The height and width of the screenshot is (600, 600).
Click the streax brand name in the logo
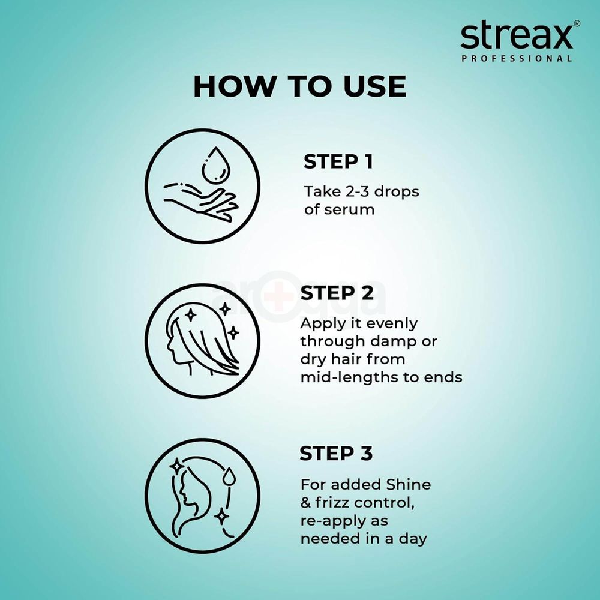516,37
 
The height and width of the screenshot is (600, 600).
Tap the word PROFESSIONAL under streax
517,59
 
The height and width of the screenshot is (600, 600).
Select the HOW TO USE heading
299,86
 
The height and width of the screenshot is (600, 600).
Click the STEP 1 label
338,162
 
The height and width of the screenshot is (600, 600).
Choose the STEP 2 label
337,293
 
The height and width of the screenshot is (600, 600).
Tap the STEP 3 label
336,454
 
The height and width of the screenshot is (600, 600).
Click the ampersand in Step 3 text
306,502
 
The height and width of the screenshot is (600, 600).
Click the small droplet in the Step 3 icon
231,477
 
